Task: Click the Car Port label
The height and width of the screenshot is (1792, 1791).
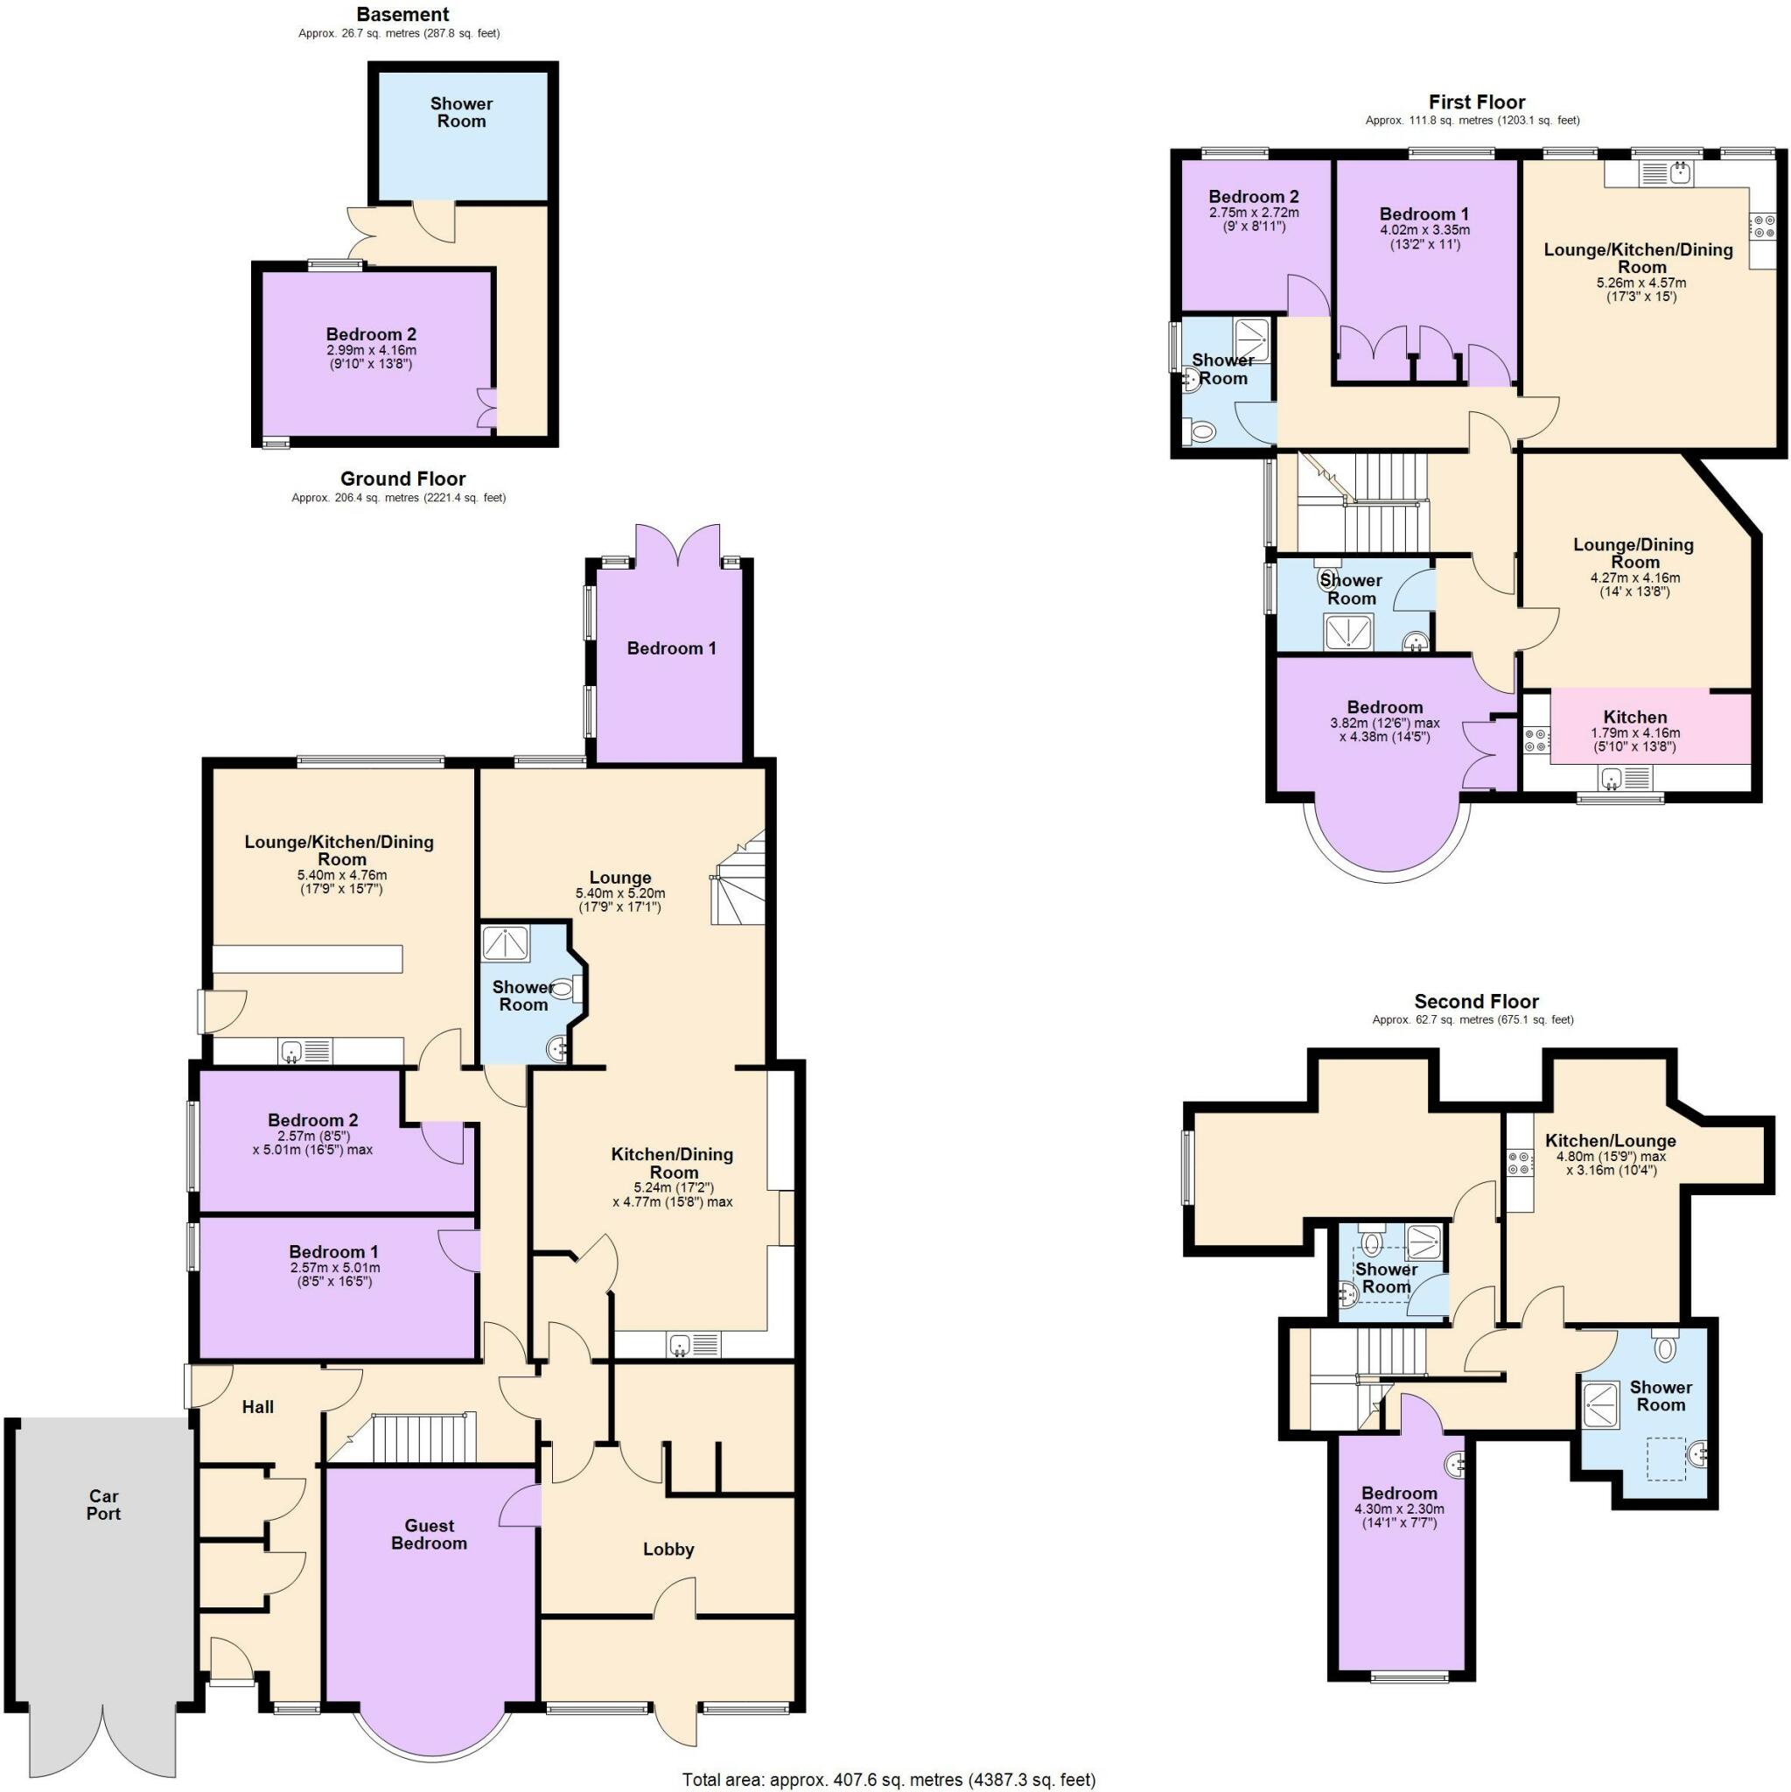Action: coord(104,1504)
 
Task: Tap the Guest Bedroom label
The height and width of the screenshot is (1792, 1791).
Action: coord(429,1534)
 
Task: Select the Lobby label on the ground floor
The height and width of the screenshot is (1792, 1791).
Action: coord(668,1549)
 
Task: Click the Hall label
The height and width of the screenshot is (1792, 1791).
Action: coord(258,1407)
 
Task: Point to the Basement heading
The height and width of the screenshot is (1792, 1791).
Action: coord(402,15)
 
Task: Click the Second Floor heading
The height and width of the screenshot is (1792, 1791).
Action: coord(1476,1002)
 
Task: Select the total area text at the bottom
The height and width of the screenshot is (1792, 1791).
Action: coord(889,1779)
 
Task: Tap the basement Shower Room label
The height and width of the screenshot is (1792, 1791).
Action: coord(461,112)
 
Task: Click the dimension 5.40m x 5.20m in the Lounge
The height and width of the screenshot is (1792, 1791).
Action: coord(619,893)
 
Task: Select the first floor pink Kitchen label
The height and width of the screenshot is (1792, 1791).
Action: coord(1634,717)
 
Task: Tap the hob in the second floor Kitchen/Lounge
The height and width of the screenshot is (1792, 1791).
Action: coord(1519,1163)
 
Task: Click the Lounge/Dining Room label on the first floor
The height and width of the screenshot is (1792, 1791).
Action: coord(1634,553)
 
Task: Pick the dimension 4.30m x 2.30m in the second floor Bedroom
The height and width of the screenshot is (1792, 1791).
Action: coord(1399,1509)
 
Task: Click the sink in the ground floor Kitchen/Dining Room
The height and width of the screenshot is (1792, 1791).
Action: coord(681,1344)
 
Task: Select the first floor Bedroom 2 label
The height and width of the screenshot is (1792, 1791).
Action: coord(1253,197)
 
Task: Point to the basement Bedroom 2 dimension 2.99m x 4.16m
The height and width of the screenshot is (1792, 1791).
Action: coord(371,351)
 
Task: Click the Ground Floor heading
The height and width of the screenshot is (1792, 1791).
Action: coord(402,479)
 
